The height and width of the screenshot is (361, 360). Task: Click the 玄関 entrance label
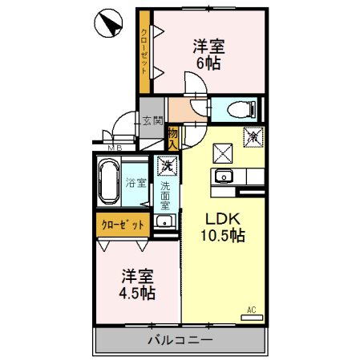[x=152, y=122]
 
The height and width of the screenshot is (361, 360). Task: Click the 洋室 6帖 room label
[x=206, y=54]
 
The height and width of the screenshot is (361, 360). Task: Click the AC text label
[x=250, y=310]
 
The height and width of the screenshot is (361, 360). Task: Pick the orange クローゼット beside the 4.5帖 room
[x=123, y=225]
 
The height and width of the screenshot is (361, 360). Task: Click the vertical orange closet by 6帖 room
[x=143, y=51]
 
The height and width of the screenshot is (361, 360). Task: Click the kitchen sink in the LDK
[x=223, y=176]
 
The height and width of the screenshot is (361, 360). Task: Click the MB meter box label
[x=115, y=148]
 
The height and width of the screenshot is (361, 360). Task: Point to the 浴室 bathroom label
[x=136, y=183]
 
